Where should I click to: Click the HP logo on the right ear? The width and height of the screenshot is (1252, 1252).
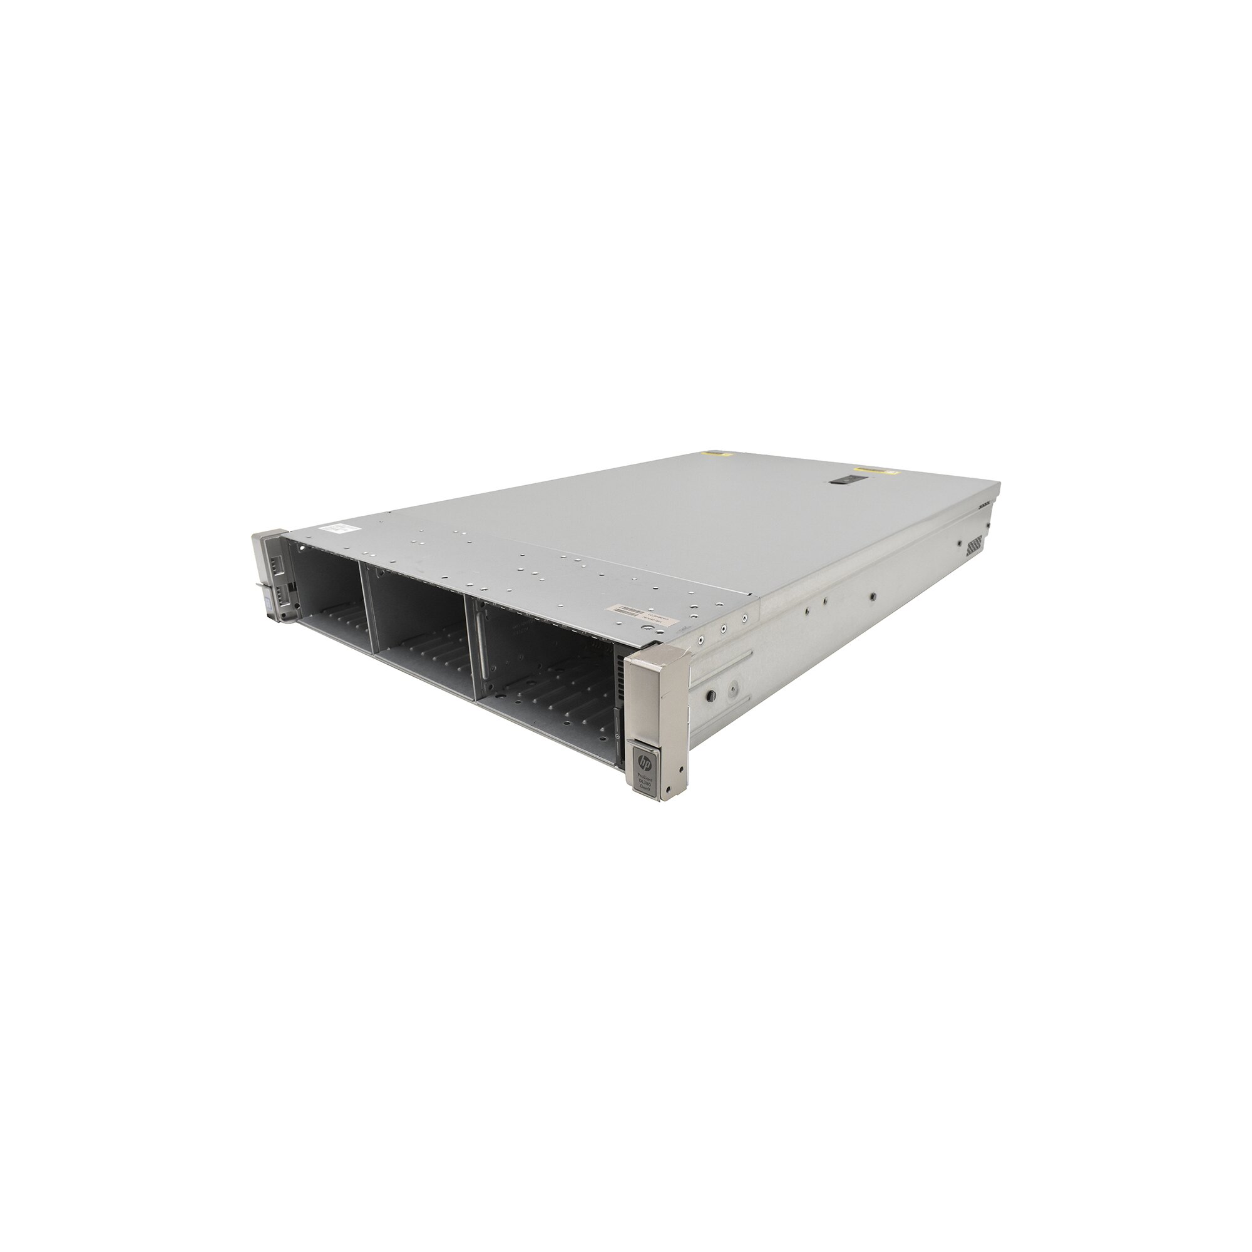[645, 761]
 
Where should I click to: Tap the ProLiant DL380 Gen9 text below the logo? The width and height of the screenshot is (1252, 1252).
[646, 786]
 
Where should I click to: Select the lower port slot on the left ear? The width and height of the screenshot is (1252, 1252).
[283, 593]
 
